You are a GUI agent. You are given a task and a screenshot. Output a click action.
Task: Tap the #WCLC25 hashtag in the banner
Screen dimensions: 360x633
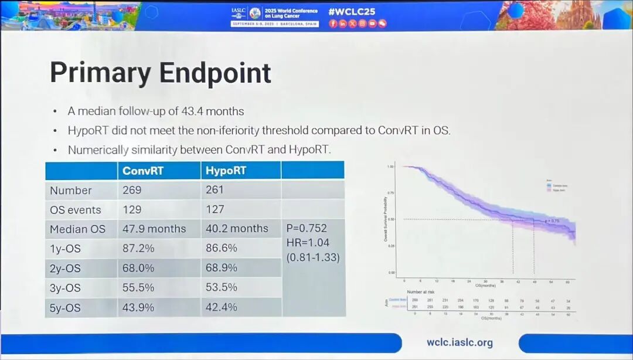click(352, 11)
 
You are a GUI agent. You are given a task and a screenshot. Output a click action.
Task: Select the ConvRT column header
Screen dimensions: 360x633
click(143, 171)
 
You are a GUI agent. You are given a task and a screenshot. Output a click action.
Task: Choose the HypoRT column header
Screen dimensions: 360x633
click(226, 171)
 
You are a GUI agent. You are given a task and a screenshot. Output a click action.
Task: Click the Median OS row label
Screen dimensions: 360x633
click(77, 229)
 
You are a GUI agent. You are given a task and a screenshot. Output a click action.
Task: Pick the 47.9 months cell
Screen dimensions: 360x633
click(154, 229)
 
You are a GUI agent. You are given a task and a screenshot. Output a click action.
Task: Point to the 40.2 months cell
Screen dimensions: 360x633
click(237, 229)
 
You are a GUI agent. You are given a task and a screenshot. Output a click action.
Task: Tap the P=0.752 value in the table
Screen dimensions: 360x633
click(307, 228)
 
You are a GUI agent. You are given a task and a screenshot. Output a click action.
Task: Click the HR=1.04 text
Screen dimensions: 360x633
click(307, 242)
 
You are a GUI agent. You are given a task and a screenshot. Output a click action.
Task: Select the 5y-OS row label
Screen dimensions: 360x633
click(65, 308)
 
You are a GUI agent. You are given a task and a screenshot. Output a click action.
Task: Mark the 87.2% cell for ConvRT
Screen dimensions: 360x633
click(138, 249)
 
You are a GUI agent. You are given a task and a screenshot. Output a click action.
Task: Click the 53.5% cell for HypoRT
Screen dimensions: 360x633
click(221, 288)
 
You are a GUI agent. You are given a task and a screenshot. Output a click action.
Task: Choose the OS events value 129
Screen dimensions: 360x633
click(132, 210)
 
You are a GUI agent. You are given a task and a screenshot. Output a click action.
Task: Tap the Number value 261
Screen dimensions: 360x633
click(216, 190)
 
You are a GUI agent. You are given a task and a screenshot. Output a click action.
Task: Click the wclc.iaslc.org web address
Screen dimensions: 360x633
click(460, 343)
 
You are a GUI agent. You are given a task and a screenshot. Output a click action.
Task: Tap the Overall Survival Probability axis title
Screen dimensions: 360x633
click(385, 218)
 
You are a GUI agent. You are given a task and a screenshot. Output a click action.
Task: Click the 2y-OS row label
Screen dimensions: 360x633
click(65, 269)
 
